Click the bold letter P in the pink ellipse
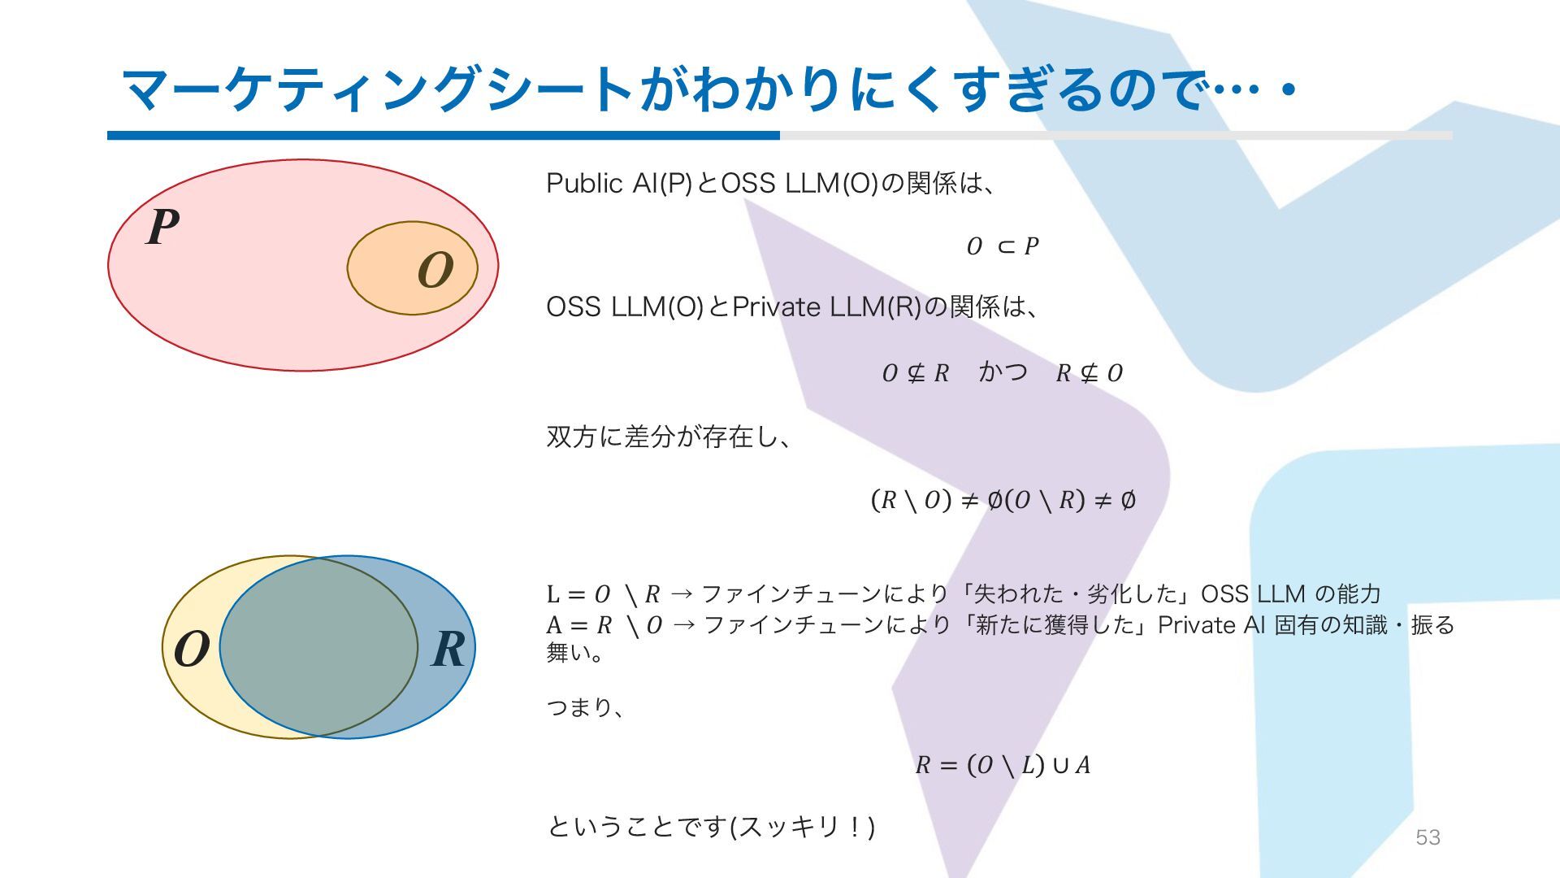[163, 227]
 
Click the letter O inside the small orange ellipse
[435, 271]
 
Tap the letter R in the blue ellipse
[448, 649]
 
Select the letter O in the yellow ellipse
[192, 650]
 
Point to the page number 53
[1428, 837]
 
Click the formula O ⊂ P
[1003, 246]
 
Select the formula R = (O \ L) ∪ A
[1003, 765]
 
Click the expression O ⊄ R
[916, 373]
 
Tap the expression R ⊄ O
[1089, 373]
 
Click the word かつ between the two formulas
[1003, 372]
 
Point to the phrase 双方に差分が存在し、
[668, 437]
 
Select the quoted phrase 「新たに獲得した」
[1051, 625]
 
